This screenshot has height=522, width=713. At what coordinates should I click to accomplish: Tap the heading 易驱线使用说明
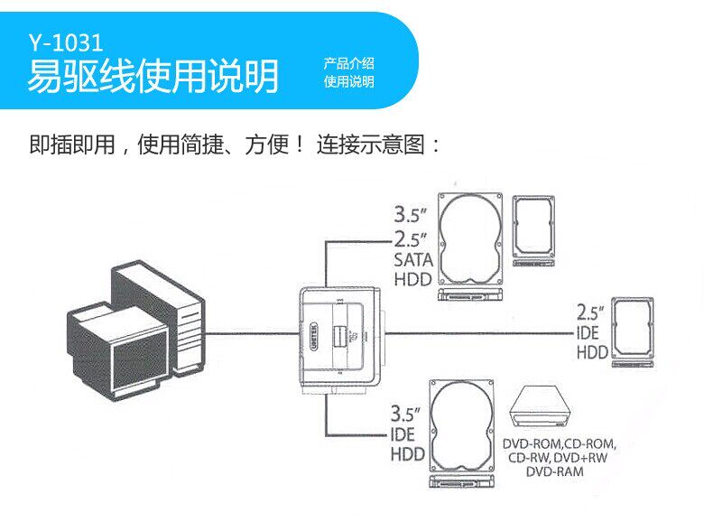point(153,77)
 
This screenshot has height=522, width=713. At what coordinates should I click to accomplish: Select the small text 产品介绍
point(349,64)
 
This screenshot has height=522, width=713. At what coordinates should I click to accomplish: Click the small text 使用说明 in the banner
point(349,82)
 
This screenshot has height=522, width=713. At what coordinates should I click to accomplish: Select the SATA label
point(413,260)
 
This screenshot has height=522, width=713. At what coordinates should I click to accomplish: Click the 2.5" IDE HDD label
point(592,332)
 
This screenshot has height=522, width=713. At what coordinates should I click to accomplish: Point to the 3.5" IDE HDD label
point(408,433)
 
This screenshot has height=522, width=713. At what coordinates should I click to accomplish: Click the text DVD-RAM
point(555,471)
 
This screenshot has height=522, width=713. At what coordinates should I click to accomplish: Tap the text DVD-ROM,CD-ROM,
point(559,444)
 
